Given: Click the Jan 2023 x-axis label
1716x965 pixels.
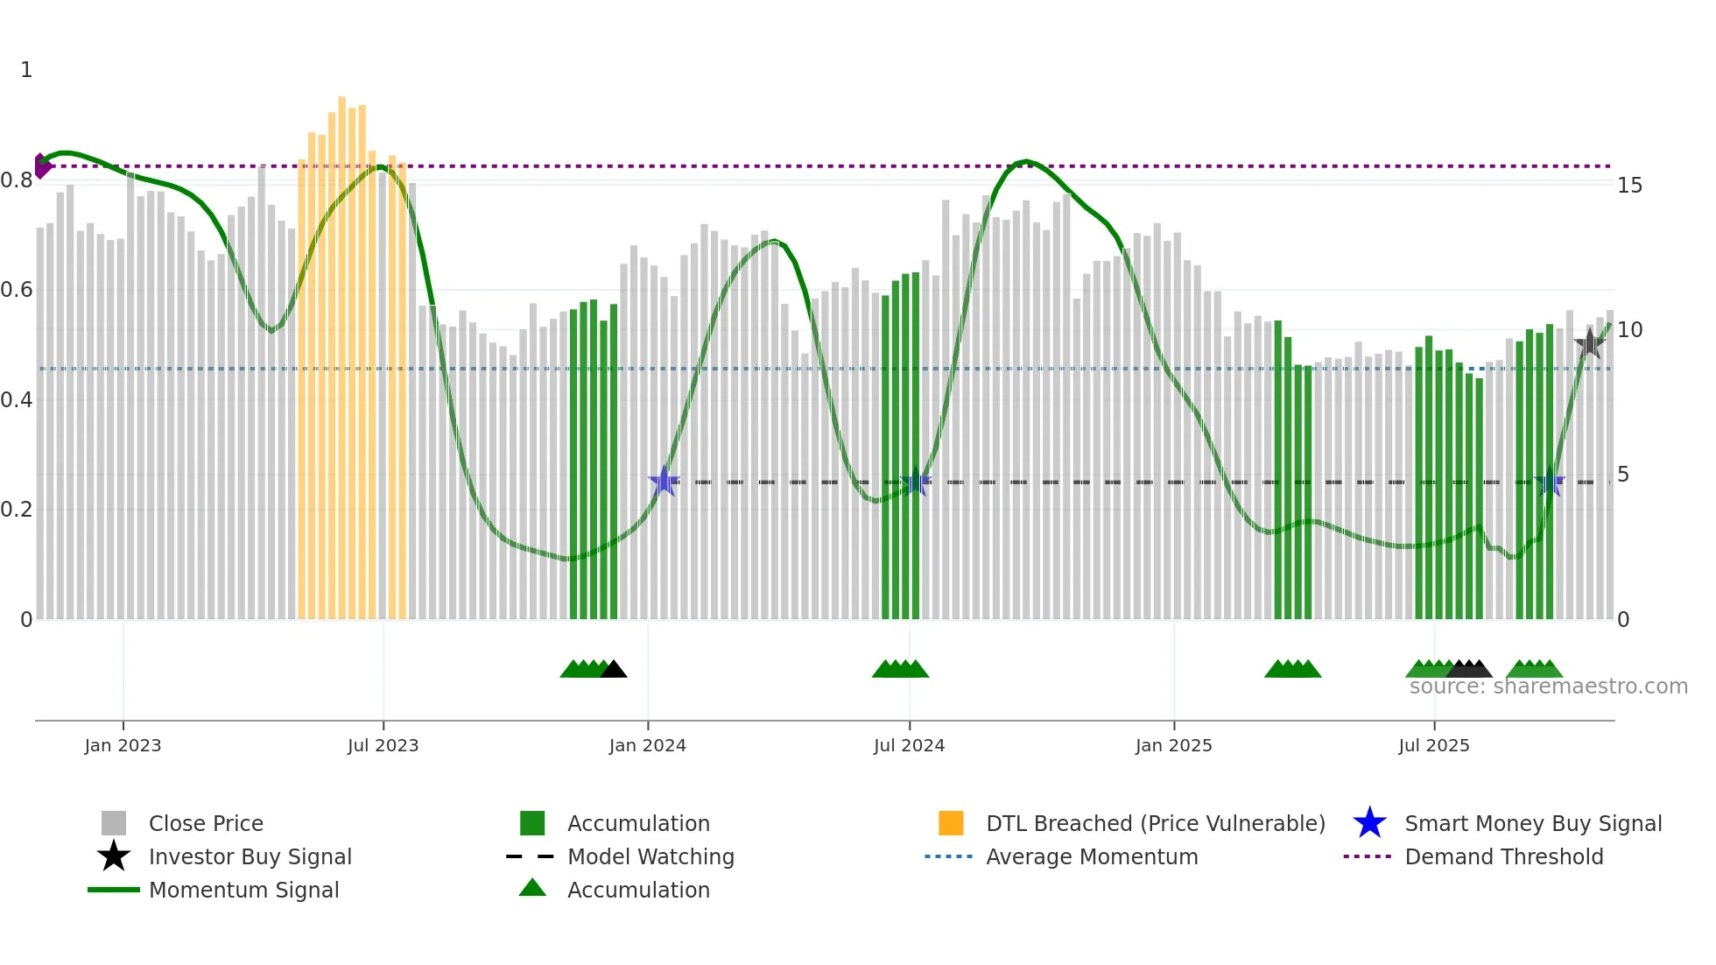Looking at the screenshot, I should (123, 745).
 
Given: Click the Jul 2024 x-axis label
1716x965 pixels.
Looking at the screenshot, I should (909, 745).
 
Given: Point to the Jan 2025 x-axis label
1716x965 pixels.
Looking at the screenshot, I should (1173, 745).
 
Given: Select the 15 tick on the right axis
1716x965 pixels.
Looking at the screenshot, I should (1629, 186).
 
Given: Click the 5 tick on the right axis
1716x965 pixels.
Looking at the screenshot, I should (1623, 475).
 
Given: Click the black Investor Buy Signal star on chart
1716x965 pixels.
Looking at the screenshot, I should (1589, 343).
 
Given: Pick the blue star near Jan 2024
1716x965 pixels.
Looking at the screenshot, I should (664, 481).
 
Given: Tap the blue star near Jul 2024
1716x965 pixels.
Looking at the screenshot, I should (916, 481).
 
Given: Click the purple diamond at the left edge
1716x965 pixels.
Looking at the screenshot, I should (41, 166).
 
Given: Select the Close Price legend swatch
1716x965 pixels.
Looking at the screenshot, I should (114, 823).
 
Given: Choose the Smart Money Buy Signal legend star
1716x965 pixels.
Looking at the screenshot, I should (1369, 823).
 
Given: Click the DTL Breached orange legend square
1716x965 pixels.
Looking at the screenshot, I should (951, 823).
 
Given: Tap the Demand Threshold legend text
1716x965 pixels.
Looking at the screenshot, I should (1503, 856).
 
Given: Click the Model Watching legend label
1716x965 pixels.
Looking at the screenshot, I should (651, 856).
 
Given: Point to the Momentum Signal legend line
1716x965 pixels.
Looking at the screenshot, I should (114, 890).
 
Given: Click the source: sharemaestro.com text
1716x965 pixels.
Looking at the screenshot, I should (1548, 687).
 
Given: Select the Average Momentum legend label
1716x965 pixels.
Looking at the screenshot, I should (1092, 856).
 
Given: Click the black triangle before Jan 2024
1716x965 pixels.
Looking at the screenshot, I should (614, 670).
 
